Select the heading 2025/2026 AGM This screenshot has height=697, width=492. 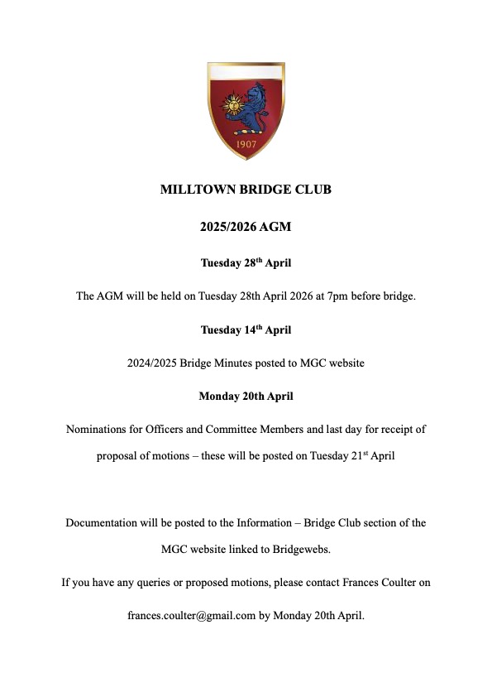coord(246,225)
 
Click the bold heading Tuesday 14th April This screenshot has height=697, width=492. coord(246,329)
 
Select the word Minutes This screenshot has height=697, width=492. coord(242,363)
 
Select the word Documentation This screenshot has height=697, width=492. coord(103,522)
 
